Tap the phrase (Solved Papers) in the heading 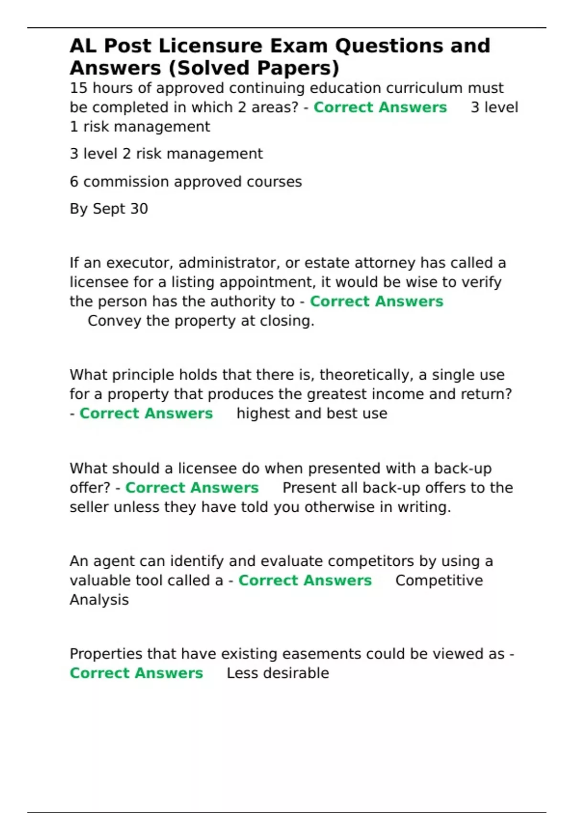[x=254, y=68]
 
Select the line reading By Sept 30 [x=109, y=209]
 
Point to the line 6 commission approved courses [x=186, y=182]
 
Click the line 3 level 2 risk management [x=166, y=154]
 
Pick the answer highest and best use [x=312, y=414]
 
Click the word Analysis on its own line [x=99, y=600]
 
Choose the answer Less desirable [x=277, y=673]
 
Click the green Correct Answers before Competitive [x=305, y=581]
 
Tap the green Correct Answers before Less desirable [x=136, y=673]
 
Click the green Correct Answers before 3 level [x=380, y=108]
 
